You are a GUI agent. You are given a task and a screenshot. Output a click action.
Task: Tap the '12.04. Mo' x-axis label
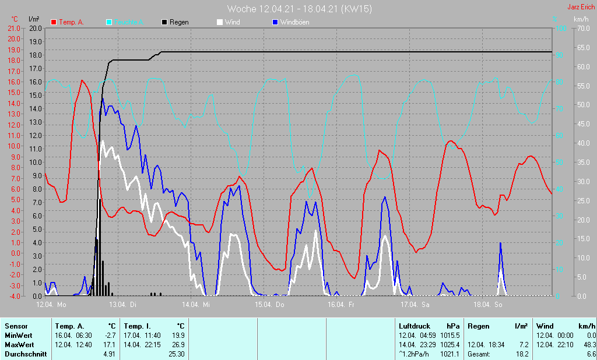51,305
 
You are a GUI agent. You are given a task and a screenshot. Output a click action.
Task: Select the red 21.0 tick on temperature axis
13,29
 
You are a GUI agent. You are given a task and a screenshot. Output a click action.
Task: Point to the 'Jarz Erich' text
581,8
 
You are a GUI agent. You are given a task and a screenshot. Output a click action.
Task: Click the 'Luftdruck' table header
414,326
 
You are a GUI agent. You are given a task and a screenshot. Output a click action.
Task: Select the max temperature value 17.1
109,345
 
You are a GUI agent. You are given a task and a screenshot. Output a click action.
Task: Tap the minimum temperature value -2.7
109,336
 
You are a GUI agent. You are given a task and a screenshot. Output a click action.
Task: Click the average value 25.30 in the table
177,354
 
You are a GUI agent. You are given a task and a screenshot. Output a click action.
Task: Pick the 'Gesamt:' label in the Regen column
479,354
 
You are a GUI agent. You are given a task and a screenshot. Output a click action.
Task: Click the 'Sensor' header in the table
15,326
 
